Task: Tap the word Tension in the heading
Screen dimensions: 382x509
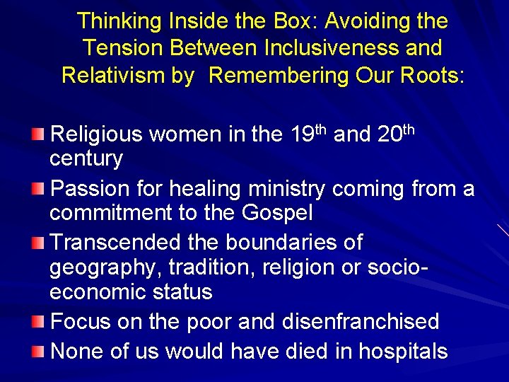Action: pyautogui.click(x=123, y=48)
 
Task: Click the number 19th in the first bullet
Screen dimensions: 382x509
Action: pyautogui.click(x=308, y=133)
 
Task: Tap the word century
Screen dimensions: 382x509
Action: pyautogui.click(x=86, y=159)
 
